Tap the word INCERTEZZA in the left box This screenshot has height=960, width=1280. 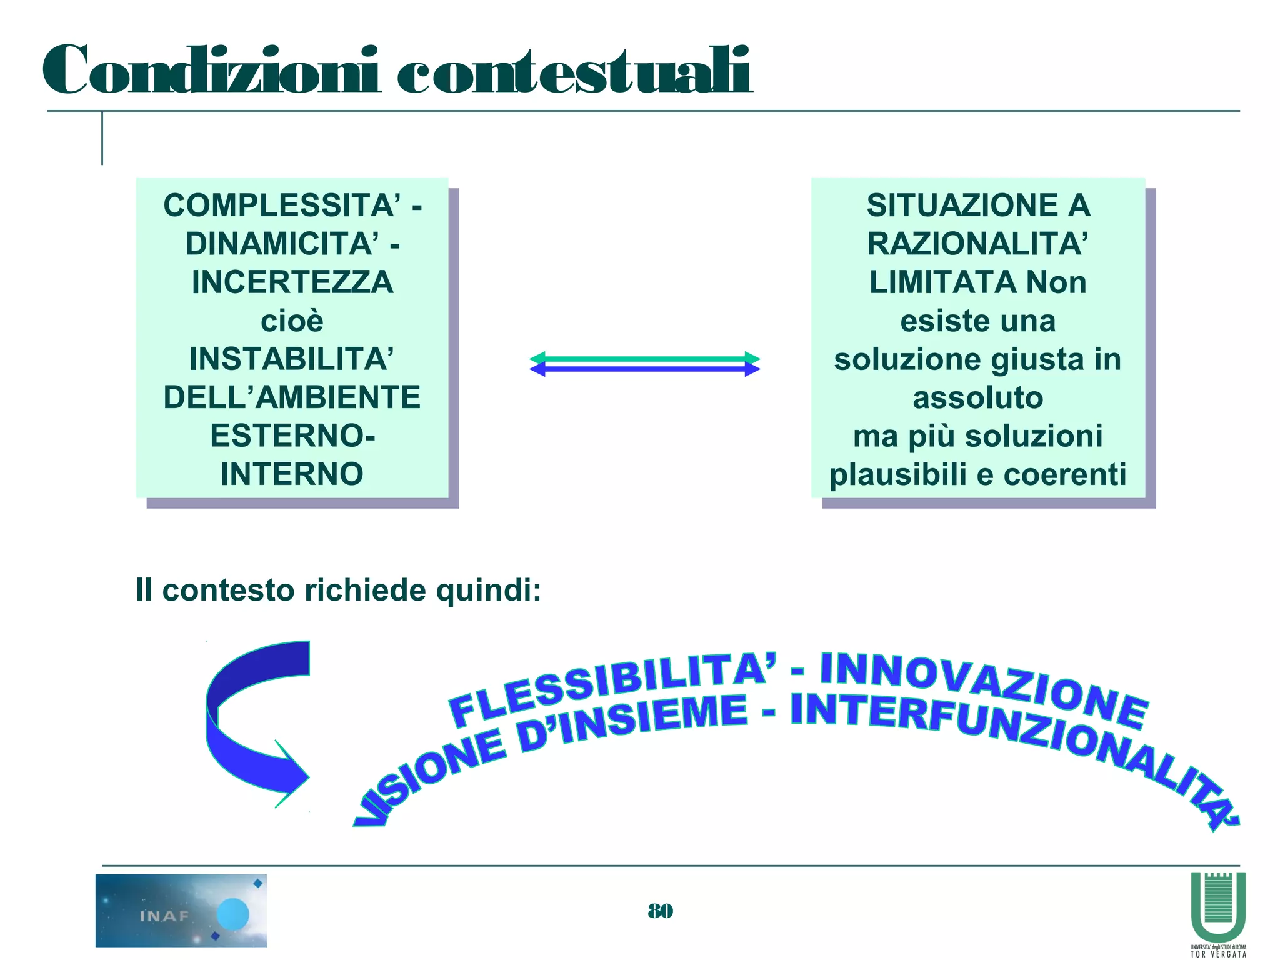tap(292, 282)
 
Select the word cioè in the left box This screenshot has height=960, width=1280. tap(292, 321)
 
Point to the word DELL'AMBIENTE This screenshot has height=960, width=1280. tap(292, 397)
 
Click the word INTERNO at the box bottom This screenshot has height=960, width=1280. tap(292, 474)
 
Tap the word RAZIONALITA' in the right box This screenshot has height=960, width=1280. tap(977, 244)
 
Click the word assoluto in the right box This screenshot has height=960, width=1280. tap(977, 397)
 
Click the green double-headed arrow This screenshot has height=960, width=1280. tap(644, 358)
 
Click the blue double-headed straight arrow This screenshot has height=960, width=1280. tap(644, 369)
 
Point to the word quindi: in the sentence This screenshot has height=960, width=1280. tap(488, 590)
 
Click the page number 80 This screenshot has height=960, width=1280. tap(660, 911)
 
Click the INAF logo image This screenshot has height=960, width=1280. tap(181, 910)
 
